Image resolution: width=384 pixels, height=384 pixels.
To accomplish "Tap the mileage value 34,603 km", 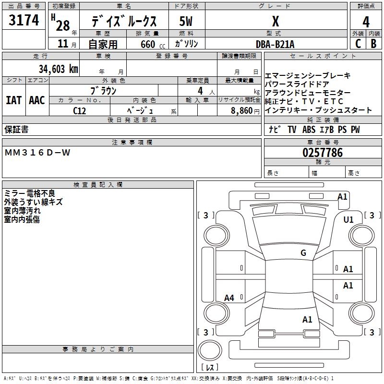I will (58, 69).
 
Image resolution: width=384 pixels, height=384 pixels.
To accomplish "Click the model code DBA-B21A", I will (275, 44).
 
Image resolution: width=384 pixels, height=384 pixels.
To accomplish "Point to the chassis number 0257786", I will (323, 153).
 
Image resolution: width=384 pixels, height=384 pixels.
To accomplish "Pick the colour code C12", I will (80, 110).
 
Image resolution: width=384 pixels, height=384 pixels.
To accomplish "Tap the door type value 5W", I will (186, 22).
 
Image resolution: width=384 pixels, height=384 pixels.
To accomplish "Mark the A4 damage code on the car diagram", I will (229, 298).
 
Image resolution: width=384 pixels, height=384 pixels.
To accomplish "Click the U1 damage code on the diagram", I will (348, 220).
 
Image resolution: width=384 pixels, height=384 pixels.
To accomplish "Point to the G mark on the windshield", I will (303, 253).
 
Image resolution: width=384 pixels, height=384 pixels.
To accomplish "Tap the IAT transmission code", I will (13, 100).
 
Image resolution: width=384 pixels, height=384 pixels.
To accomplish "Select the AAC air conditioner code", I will (37, 100).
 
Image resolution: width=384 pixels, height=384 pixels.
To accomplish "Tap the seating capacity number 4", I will (199, 90).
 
